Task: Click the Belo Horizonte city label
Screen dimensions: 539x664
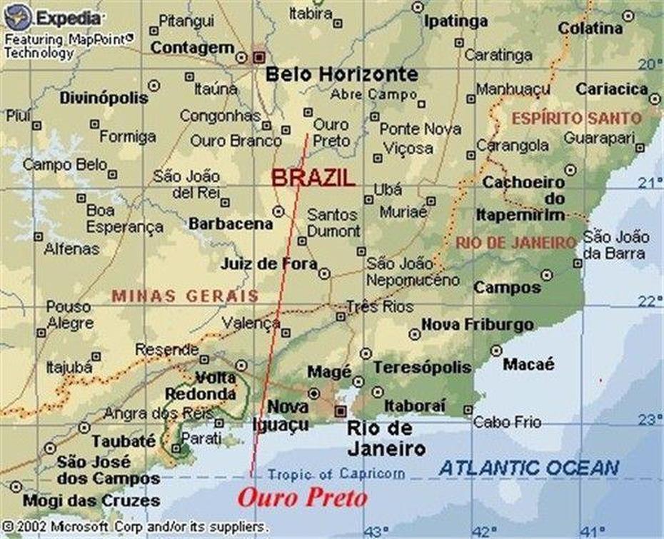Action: point(341,74)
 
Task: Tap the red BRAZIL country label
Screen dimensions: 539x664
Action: point(313,178)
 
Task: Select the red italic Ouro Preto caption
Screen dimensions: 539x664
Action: point(302,498)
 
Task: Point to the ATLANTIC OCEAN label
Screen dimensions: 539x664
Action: point(529,468)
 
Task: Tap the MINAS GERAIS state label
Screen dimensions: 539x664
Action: point(185,296)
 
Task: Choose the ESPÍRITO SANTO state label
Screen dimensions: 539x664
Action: point(576,118)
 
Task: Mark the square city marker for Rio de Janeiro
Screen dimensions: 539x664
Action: point(341,411)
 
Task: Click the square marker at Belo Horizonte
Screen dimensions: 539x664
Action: point(258,55)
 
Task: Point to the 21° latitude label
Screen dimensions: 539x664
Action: point(650,183)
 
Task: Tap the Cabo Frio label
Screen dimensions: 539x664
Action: point(501,422)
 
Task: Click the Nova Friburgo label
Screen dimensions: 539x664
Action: point(477,325)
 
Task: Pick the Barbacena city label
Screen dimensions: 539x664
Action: point(231,223)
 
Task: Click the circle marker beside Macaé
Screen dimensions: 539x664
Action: point(496,350)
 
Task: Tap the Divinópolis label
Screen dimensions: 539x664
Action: point(104,98)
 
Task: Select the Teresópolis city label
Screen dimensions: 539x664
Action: point(422,367)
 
